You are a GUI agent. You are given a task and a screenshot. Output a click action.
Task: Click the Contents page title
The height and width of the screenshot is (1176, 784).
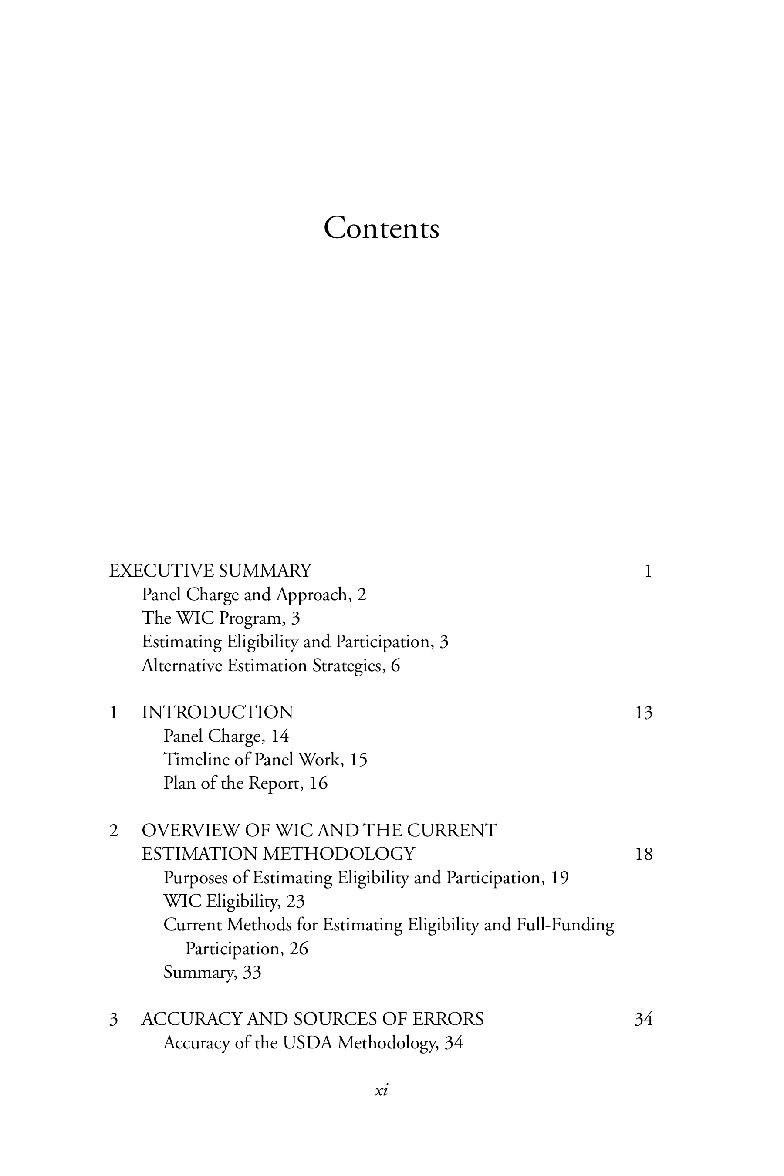pyautogui.click(x=381, y=229)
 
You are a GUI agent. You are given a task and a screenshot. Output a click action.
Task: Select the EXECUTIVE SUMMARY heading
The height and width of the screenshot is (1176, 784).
pyautogui.click(x=210, y=571)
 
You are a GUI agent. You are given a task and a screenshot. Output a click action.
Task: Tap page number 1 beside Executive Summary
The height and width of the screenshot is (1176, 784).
pyautogui.click(x=648, y=571)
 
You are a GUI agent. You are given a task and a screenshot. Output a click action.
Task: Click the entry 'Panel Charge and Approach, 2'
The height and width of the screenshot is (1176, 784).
pyautogui.click(x=254, y=595)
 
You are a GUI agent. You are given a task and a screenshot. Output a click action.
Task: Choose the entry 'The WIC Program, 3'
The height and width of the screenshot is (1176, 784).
pyautogui.click(x=220, y=618)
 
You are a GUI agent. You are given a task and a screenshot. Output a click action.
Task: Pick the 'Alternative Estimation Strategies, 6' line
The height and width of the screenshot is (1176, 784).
pyautogui.click(x=270, y=666)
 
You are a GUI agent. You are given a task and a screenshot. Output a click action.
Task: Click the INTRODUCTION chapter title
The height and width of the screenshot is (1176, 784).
pyautogui.click(x=217, y=713)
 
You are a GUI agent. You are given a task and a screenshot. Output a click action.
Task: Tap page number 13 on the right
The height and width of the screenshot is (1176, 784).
pyautogui.click(x=643, y=713)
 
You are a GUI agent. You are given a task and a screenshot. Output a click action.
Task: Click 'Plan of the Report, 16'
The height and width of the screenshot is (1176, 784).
pyautogui.click(x=246, y=783)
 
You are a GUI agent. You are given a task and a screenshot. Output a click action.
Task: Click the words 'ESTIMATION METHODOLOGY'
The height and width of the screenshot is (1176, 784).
pyautogui.click(x=278, y=854)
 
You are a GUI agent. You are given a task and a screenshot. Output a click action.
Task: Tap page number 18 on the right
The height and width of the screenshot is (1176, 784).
pyautogui.click(x=643, y=854)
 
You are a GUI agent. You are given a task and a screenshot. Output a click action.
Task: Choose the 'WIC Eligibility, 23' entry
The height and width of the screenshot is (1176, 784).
pyautogui.click(x=234, y=901)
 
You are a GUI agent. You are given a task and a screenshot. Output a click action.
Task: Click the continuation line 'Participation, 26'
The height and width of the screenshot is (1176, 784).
pyautogui.click(x=247, y=949)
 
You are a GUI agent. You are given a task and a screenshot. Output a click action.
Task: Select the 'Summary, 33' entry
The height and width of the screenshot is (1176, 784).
pyautogui.click(x=213, y=972)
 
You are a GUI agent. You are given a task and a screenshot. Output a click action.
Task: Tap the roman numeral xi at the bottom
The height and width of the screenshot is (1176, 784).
pyautogui.click(x=381, y=1091)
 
